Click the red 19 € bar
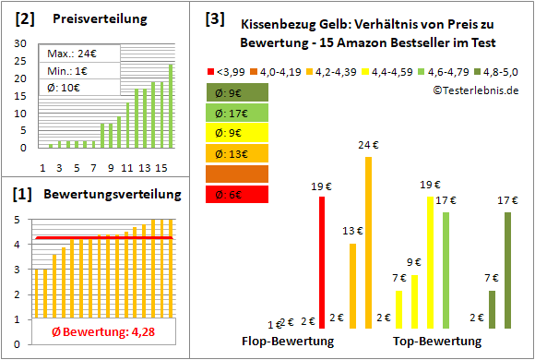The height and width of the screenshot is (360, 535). (322, 262)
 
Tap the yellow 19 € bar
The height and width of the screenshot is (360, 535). (430, 262)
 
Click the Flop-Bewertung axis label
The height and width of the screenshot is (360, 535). (287, 341)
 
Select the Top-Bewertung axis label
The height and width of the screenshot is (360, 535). (437, 341)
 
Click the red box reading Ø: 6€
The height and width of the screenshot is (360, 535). (238, 194)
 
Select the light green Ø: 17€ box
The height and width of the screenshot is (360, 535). (238, 113)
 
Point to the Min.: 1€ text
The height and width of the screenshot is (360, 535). (68, 70)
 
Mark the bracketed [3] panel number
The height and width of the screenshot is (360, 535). (214, 18)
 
